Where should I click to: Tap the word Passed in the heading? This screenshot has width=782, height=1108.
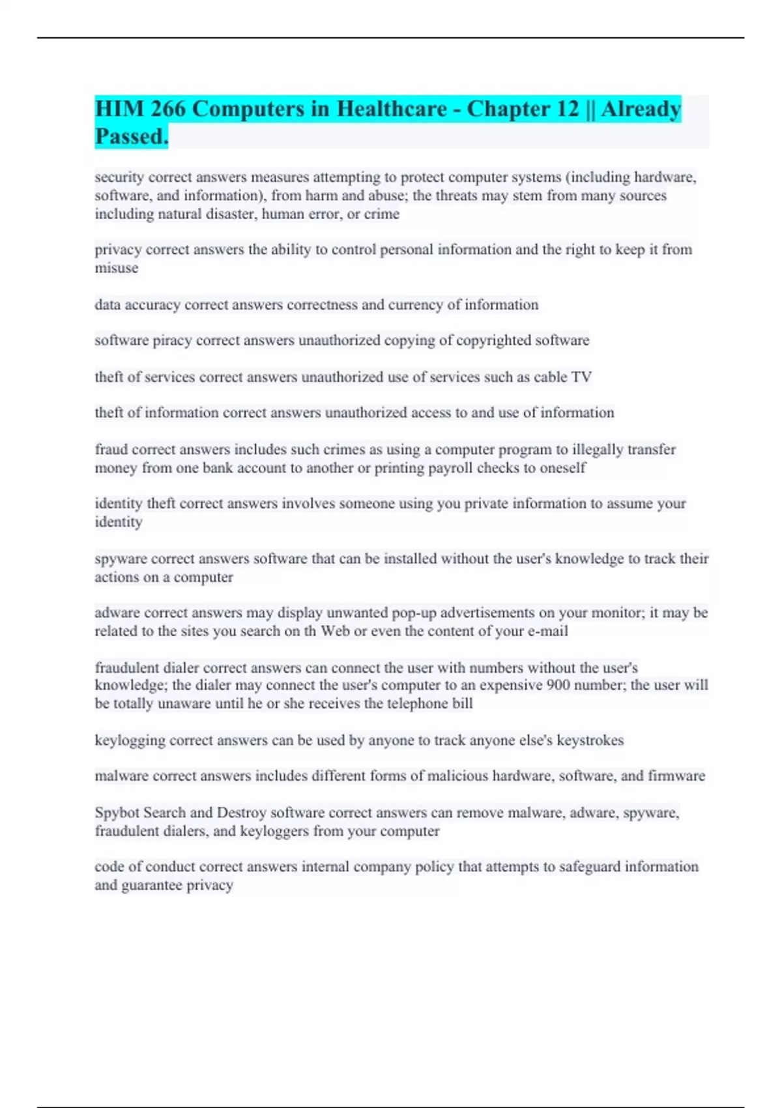131,137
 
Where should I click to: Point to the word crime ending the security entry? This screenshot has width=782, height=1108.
383,214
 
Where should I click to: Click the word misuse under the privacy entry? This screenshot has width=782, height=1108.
116,268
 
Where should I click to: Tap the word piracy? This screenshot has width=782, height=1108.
172,340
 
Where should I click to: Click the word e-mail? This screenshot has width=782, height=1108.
548,631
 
